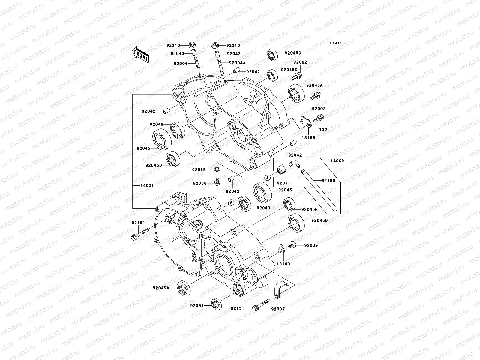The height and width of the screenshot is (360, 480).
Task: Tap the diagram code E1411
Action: tap(336, 43)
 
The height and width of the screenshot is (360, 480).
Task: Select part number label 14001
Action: tap(147, 186)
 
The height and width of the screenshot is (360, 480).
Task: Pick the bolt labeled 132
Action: tap(318, 119)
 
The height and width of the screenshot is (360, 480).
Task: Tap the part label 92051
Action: tap(196, 306)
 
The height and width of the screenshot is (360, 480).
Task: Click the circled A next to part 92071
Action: tap(267, 178)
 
